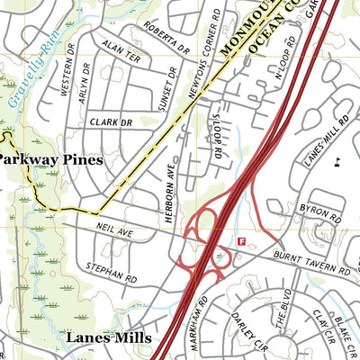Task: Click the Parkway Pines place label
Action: [50, 159]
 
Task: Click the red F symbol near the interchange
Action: [240, 241]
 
